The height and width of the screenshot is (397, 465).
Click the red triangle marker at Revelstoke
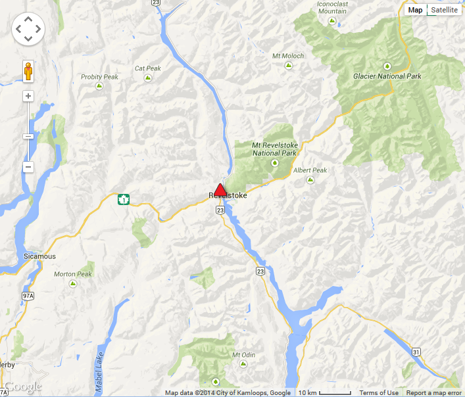pyautogui.click(x=220, y=189)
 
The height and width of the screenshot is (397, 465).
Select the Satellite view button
pyautogui.click(x=444, y=10)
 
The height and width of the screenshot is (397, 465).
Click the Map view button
pyautogui.click(x=415, y=10)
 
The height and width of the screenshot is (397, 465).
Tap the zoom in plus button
pyautogui.click(x=28, y=96)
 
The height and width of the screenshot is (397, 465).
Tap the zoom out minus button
pyautogui.click(x=28, y=167)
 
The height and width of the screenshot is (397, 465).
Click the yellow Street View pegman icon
pyautogui.click(x=28, y=70)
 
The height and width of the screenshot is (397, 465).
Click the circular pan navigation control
pyautogui.click(x=28, y=29)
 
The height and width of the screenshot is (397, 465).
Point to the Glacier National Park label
pyautogui.click(x=387, y=76)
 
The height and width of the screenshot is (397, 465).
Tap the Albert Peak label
pyautogui.click(x=310, y=170)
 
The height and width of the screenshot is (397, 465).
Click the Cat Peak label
pyautogui.click(x=148, y=68)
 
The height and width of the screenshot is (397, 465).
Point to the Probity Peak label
pyautogui.click(x=99, y=77)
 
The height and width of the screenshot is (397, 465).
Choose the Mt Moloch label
pyautogui.click(x=288, y=56)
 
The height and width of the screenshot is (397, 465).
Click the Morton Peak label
pyautogui.click(x=73, y=274)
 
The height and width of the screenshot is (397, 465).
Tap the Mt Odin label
pyautogui.click(x=243, y=355)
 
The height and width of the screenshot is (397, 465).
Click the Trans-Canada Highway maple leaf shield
pyautogui.click(x=123, y=199)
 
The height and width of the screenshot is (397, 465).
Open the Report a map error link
pyautogui.click(x=434, y=393)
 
